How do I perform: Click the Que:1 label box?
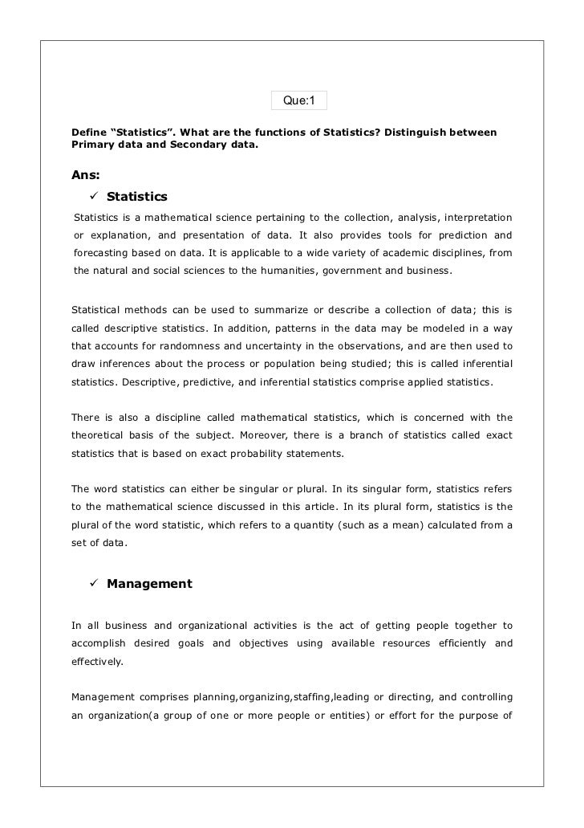tap(299, 101)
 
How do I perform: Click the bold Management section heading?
tap(149, 584)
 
